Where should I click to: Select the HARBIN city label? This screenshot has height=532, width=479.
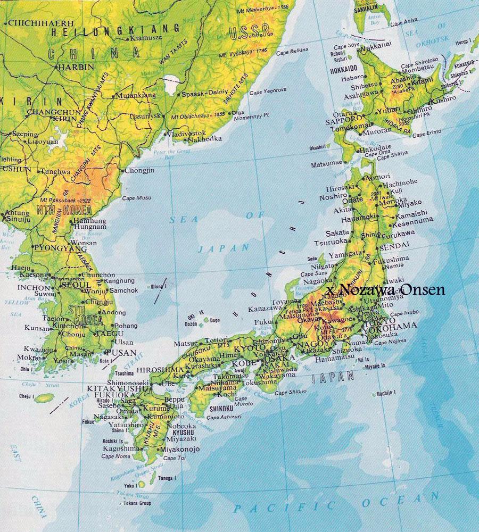click(x=75, y=67)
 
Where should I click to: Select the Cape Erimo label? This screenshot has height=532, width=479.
click(x=431, y=134)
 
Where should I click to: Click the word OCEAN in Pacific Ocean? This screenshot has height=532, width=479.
click(x=405, y=500)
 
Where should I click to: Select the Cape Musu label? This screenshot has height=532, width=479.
click(x=136, y=198)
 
